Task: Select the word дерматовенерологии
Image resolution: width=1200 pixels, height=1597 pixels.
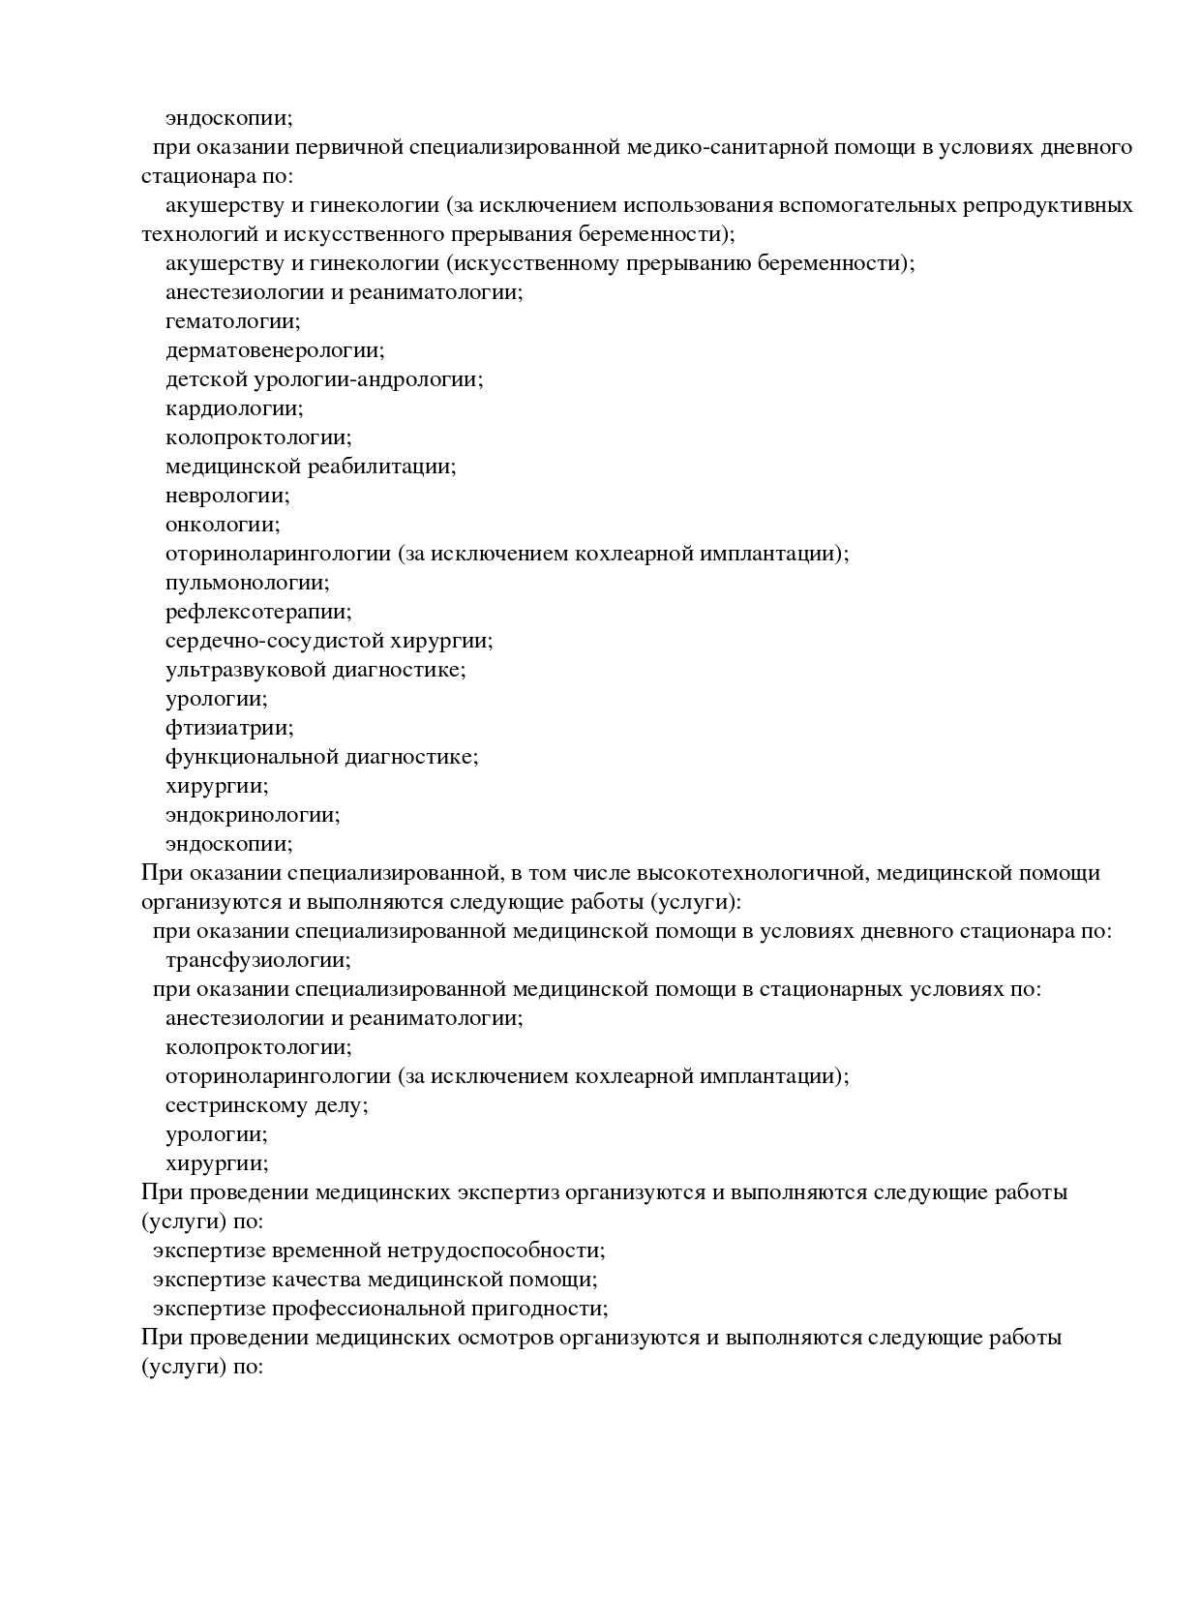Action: [274, 350]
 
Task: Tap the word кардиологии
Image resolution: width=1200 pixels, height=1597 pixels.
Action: [233, 408]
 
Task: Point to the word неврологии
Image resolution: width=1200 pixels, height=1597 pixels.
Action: [226, 496]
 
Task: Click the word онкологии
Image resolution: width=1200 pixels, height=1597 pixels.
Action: [222, 525]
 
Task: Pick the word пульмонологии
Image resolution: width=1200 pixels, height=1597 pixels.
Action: [247, 583]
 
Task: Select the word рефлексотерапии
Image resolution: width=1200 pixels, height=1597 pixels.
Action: [257, 612]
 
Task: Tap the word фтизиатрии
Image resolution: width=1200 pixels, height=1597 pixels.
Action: [228, 728]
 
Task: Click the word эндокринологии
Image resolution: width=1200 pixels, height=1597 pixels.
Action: [252, 815]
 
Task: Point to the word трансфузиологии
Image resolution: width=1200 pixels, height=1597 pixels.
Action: [257, 960]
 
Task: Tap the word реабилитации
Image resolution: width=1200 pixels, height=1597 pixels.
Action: [381, 467]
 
